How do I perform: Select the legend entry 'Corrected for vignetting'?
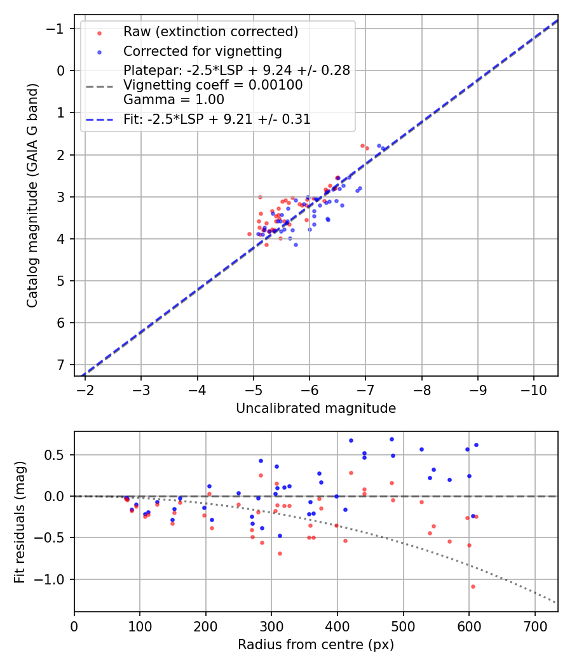click(x=202, y=51)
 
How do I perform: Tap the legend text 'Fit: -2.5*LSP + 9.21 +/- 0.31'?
click(x=217, y=119)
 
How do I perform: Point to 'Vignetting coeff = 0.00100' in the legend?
click(x=213, y=85)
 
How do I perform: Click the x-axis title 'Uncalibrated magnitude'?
click(x=316, y=408)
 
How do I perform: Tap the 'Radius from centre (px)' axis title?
click(x=316, y=645)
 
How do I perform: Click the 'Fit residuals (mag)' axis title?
click(x=19, y=522)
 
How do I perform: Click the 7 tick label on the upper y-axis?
click(x=61, y=365)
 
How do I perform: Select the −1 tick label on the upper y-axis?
click(x=57, y=29)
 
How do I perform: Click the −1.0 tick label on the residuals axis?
click(x=52, y=579)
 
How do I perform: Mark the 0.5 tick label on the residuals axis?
click(x=56, y=454)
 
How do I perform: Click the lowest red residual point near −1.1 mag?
click(x=473, y=586)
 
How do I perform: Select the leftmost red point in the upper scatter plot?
click(x=249, y=234)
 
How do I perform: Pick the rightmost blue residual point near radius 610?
click(x=476, y=445)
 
